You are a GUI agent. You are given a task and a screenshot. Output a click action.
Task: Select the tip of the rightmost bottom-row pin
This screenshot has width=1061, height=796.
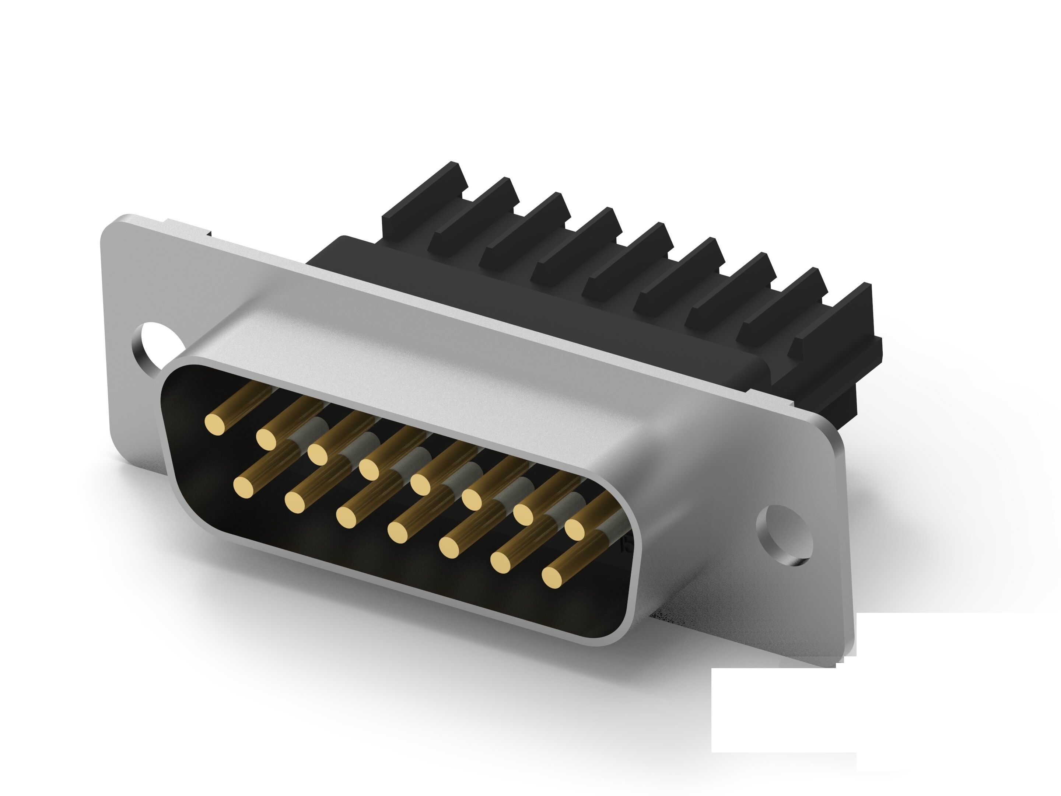click(553, 576)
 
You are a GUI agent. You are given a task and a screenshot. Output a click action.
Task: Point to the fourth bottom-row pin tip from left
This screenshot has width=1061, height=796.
click(398, 532)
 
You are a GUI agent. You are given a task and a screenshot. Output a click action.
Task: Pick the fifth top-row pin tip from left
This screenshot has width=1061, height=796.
click(421, 484)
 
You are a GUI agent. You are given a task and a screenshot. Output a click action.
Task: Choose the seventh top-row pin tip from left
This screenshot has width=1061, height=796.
click(524, 514)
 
